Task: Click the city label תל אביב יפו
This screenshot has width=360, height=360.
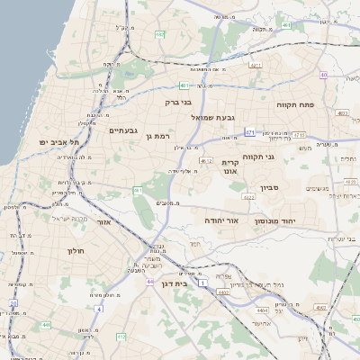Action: [60, 142]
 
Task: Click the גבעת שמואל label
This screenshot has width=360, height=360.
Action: [212, 117]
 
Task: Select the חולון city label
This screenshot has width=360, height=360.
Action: [75, 250]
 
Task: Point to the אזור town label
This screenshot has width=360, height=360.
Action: [103, 220]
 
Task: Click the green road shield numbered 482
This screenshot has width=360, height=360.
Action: [159, 35]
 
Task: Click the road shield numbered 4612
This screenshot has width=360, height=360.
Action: [207, 161]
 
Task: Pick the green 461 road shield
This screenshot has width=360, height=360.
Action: [138, 191]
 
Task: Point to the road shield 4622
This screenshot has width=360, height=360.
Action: [248, 195]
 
